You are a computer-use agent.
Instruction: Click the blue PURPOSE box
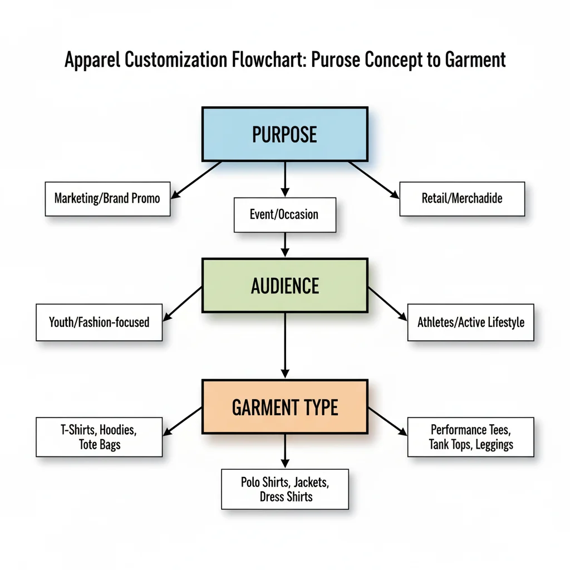(x=284, y=134)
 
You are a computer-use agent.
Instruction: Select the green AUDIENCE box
(x=284, y=285)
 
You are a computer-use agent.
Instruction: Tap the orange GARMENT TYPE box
(x=284, y=407)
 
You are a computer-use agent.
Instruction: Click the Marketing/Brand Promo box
(x=107, y=198)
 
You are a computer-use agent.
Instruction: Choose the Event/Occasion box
(x=284, y=214)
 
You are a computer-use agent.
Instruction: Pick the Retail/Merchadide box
(x=462, y=198)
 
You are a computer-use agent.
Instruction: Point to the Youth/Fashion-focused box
(x=99, y=322)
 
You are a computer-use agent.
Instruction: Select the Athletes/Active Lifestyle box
(x=471, y=322)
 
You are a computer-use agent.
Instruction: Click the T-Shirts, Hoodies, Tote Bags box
(x=99, y=437)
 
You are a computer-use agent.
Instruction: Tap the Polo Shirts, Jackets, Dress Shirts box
(x=285, y=489)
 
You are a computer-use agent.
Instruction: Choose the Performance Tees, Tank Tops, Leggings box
(x=471, y=437)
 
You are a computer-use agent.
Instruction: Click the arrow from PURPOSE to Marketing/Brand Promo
(x=198, y=179)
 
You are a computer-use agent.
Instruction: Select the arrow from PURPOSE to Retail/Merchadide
(x=373, y=179)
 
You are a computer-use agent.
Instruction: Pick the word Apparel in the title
(x=92, y=60)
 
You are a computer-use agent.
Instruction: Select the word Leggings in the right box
(x=494, y=444)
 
